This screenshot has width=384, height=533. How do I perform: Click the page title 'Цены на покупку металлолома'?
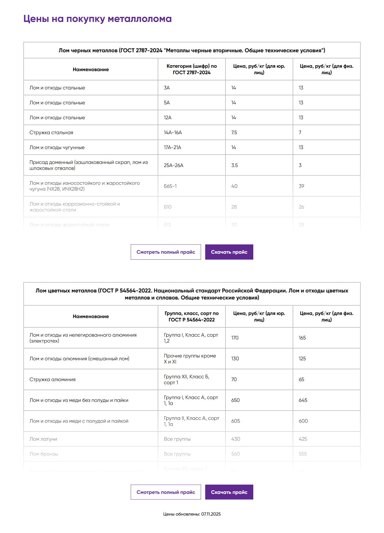point(97,19)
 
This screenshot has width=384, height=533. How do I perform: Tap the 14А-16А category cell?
point(173,132)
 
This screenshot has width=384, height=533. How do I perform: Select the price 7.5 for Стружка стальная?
point(234,132)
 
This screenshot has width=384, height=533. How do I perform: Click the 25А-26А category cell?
point(173,165)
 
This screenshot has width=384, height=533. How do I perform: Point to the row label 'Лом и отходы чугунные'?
point(57,147)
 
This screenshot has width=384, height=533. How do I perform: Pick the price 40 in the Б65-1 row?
point(234,186)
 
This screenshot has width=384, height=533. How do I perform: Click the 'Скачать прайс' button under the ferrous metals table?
point(229,252)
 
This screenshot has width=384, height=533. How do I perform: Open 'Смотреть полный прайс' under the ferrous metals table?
point(166,252)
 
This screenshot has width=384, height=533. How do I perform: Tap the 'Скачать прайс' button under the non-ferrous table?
point(229,492)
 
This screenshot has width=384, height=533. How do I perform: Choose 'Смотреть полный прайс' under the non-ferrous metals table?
point(166,492)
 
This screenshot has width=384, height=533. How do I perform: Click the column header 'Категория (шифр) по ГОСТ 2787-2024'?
point(192,69)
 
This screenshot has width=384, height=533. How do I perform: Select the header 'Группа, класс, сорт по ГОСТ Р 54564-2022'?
point(192,316)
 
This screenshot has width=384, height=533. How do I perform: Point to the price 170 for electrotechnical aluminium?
point(235,338)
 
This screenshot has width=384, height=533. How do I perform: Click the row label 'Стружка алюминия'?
point(53,379)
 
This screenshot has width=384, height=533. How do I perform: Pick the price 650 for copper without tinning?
point(236,400)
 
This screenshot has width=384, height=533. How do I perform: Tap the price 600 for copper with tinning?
point(303,421)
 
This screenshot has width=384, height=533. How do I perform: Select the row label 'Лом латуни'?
point(43,439)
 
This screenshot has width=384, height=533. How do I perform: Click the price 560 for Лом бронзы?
point(236,454)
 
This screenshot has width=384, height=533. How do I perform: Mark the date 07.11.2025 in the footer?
point(211,514)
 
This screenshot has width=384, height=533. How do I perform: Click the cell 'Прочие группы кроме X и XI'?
point(190,359)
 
